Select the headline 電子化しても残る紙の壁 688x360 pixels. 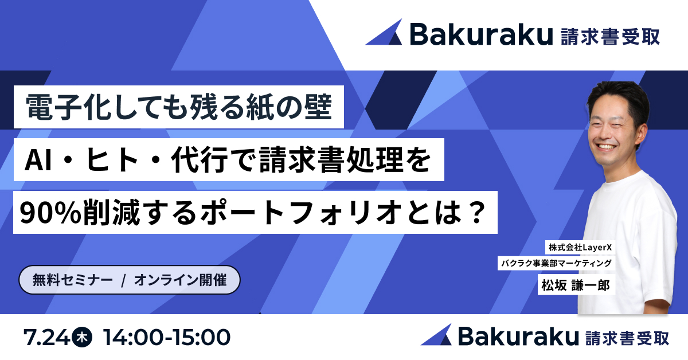point(179,107)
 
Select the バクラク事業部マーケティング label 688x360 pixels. point(557,264)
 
